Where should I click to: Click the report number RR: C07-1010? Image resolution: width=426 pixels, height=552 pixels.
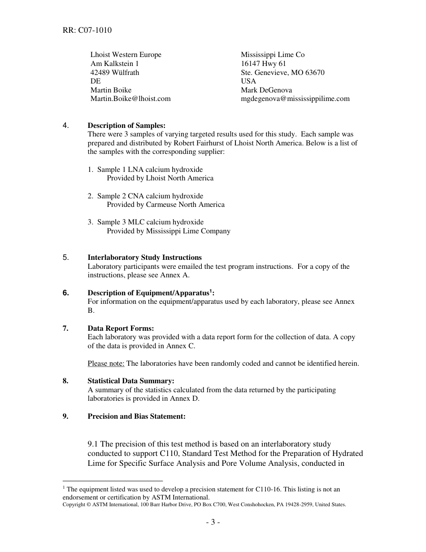click(x=87, y=31)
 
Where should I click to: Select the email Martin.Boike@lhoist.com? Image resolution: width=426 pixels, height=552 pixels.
click(x=130, y=99)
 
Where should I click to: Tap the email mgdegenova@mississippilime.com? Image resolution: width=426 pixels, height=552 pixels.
click(x=295, y=99)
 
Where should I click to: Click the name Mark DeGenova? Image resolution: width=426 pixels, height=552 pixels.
click(x=266, y=90)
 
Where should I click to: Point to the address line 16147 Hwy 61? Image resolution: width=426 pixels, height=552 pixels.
click(x=263, y=64)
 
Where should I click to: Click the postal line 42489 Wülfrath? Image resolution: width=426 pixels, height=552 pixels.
click(x=115, y=73)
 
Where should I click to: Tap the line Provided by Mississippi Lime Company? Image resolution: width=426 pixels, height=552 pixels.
click(x=169, y=231)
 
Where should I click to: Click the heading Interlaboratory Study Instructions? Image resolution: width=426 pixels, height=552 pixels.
click(x=144, y=258)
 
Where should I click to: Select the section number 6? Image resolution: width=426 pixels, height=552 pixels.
click(x=66, y=293)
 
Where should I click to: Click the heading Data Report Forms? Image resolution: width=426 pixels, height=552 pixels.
click(x=121, y=329)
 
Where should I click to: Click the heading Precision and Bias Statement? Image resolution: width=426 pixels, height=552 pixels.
click(x=136, y=416)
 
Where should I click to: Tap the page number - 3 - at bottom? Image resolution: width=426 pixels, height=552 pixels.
click(x=213, y=522)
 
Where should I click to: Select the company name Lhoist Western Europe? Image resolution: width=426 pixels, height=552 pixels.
click(x=126, y=55)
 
